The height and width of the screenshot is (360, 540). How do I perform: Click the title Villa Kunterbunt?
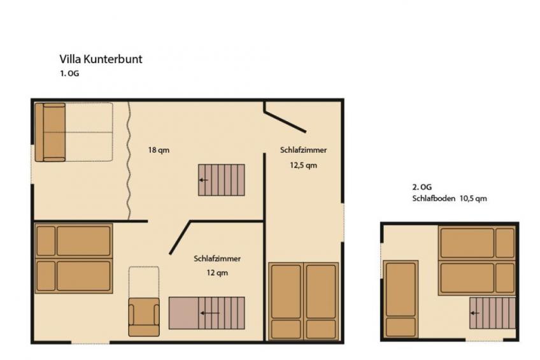101,59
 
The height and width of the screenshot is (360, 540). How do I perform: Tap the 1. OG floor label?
69,73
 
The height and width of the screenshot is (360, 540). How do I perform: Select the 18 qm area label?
159,150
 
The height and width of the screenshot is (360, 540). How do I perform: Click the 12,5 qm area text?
303,166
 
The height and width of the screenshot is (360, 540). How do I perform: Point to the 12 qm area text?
217,273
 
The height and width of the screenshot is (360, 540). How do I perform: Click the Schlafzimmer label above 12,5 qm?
303,150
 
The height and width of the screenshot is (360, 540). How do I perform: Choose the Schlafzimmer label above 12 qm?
217,259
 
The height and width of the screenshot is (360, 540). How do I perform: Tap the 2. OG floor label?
422,187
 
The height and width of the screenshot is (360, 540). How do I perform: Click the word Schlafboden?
434,198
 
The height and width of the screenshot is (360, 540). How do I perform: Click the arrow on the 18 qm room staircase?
204,180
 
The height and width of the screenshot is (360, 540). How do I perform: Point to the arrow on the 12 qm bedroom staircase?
210,313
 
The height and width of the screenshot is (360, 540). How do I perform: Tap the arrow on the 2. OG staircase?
475,313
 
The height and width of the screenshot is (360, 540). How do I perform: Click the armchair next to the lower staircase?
144,317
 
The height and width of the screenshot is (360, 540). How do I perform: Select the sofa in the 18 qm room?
50,133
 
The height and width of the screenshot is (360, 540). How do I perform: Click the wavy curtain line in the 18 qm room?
129,161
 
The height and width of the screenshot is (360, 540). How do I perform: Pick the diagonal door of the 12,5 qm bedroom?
285,121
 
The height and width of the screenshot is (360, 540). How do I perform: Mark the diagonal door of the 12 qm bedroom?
180,238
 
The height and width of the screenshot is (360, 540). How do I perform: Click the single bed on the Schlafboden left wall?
401,299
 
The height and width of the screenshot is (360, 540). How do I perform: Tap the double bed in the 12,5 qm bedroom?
303,301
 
